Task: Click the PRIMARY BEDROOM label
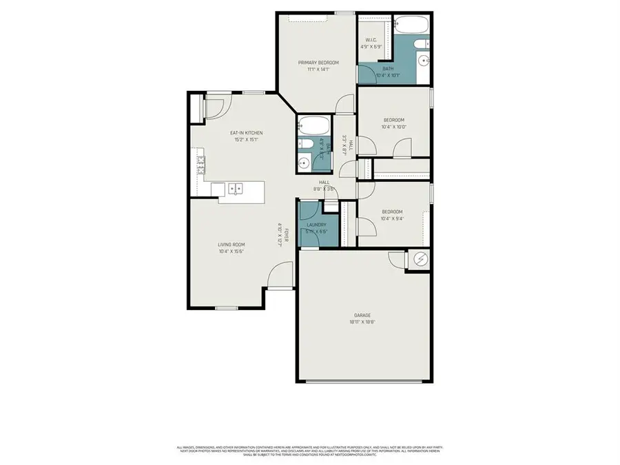pos(318,63)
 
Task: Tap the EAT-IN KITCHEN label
pos(246,133)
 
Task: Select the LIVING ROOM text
pos(231,245)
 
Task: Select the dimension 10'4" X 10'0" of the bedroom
pos(393,127)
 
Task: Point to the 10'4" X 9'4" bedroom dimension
pos(392,219)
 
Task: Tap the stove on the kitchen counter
pos(201,164)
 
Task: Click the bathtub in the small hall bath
pos(315,126)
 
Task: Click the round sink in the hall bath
pos(304,163)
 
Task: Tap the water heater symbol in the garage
pos(419,260)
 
